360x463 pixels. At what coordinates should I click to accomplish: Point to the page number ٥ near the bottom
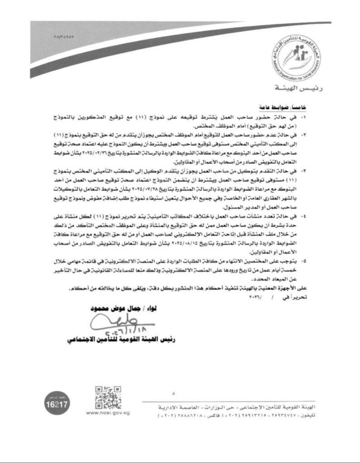(174, 392)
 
